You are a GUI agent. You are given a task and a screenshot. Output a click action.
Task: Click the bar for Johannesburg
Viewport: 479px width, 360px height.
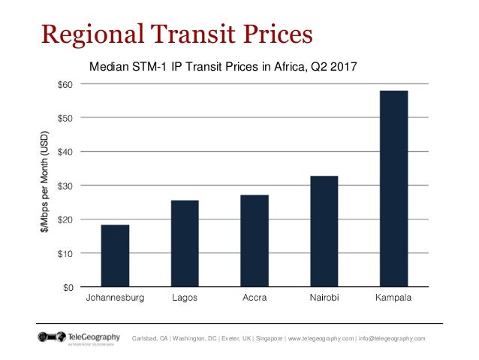pos(115,256)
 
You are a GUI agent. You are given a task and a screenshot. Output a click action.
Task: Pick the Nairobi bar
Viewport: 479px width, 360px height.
pos(324,231)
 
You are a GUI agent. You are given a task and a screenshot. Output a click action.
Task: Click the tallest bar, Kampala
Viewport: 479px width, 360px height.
pos(393,189)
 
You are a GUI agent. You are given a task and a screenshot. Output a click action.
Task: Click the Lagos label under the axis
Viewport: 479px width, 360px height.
pos(185,298)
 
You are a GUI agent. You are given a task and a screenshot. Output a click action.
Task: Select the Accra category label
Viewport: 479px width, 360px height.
pos(255,298)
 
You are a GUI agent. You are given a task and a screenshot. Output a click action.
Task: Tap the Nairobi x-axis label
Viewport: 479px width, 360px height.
pos(324,298)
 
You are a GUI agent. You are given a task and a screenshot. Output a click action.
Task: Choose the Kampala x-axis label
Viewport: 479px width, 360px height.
pos(394,298)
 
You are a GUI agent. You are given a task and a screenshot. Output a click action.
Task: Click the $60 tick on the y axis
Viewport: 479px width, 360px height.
pos(65,83)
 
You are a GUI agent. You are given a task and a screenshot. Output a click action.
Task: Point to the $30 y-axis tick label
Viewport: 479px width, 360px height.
pos(65,186)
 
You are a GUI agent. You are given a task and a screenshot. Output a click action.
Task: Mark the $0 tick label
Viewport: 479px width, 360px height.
pos(68,287)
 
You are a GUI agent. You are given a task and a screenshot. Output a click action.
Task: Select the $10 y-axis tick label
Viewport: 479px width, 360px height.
pos(65,253)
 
